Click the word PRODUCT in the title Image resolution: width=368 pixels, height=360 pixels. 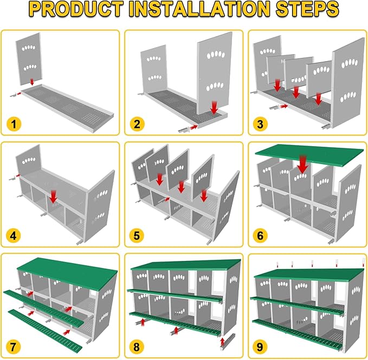77,9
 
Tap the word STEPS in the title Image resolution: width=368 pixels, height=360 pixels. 307,9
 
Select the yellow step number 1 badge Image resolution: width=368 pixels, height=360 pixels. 14,124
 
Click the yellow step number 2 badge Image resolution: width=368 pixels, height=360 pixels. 137,124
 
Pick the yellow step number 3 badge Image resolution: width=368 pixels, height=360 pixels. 260,124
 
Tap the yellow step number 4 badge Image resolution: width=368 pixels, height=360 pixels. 14,235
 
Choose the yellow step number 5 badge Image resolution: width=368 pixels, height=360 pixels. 137,235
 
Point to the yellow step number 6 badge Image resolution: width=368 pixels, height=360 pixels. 260,235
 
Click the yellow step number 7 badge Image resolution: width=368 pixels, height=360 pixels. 14,347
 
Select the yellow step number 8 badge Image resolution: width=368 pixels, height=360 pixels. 137,347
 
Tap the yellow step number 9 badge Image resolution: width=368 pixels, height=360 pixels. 260,347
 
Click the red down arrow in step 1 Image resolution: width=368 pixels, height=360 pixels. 32,82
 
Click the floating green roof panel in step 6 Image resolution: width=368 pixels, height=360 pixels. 309,155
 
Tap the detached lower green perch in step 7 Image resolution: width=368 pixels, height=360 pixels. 45,330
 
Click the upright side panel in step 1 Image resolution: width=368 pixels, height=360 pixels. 29,59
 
